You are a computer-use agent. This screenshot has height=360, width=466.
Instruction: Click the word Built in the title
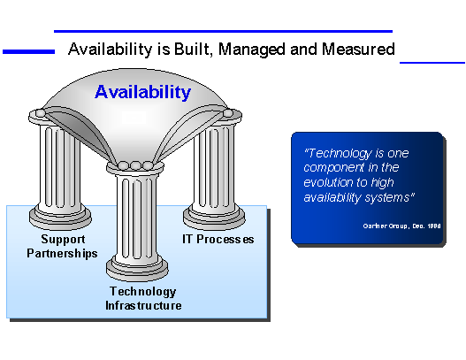191,49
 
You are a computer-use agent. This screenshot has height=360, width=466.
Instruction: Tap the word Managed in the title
252,50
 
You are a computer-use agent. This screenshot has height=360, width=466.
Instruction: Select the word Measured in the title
358,49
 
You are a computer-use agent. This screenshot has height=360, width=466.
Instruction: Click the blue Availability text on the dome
142,92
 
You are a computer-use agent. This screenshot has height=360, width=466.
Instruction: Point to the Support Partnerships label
62,247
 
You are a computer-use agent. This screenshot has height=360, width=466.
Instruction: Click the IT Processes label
218,240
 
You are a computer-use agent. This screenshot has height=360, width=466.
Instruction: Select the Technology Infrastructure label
143,298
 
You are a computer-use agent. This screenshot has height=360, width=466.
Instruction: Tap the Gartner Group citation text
401,226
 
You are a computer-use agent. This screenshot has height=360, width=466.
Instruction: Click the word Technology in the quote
340,154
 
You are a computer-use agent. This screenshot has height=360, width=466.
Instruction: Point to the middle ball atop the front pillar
135,165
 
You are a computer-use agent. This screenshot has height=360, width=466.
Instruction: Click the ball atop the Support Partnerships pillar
41,113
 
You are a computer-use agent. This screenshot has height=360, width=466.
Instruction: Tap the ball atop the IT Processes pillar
228,113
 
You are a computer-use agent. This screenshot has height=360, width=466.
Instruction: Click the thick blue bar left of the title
29,51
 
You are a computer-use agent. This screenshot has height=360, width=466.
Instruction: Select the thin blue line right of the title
432,63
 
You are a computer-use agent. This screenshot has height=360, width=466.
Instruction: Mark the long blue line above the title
223,31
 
